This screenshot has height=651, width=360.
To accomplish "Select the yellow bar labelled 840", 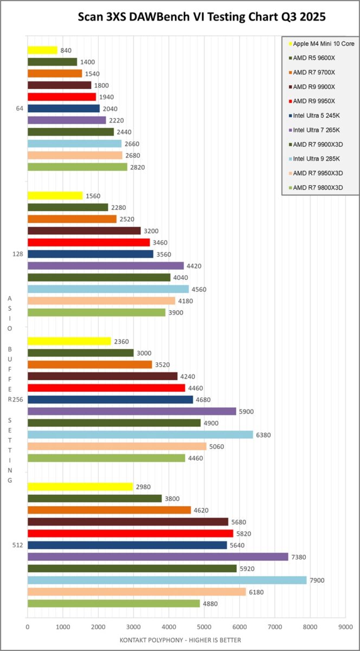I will pos(42,50).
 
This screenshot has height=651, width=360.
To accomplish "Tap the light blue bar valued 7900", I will pos(166,580).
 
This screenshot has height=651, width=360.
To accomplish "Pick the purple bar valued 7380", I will pos(157,557).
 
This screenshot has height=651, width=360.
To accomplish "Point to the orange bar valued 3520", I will pos(89,365).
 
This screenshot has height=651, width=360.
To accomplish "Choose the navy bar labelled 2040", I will pos(63,108).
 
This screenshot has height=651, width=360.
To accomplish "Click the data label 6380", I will pos(264,435).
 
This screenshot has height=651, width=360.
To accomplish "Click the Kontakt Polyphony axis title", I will pos(181,640).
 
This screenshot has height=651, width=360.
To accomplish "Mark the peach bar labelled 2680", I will pos(75,155).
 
